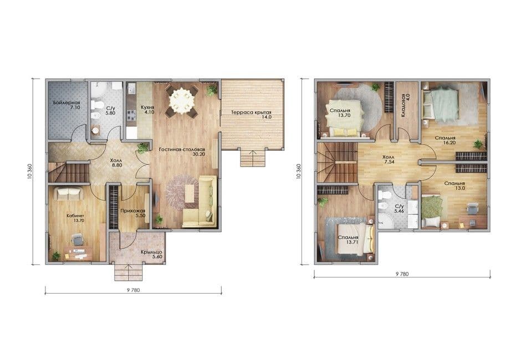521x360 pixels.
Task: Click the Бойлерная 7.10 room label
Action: click(67, 105)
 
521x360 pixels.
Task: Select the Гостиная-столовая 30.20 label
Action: click(182, 152)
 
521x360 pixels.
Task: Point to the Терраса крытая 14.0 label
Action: click(252, 115)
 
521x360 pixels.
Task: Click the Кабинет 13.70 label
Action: click(75, 218)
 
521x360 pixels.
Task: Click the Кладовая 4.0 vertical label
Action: click(405, 105)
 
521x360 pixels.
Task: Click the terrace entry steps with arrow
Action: click(253, 158)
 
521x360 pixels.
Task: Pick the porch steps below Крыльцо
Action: click(128, 272)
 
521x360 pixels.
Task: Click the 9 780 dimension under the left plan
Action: click(133, 290)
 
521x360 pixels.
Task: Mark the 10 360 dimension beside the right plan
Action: click(298, 172)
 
